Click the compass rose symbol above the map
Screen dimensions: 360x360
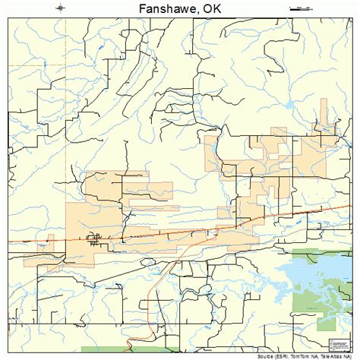point(60,8)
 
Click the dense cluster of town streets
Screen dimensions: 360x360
point(95,242)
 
